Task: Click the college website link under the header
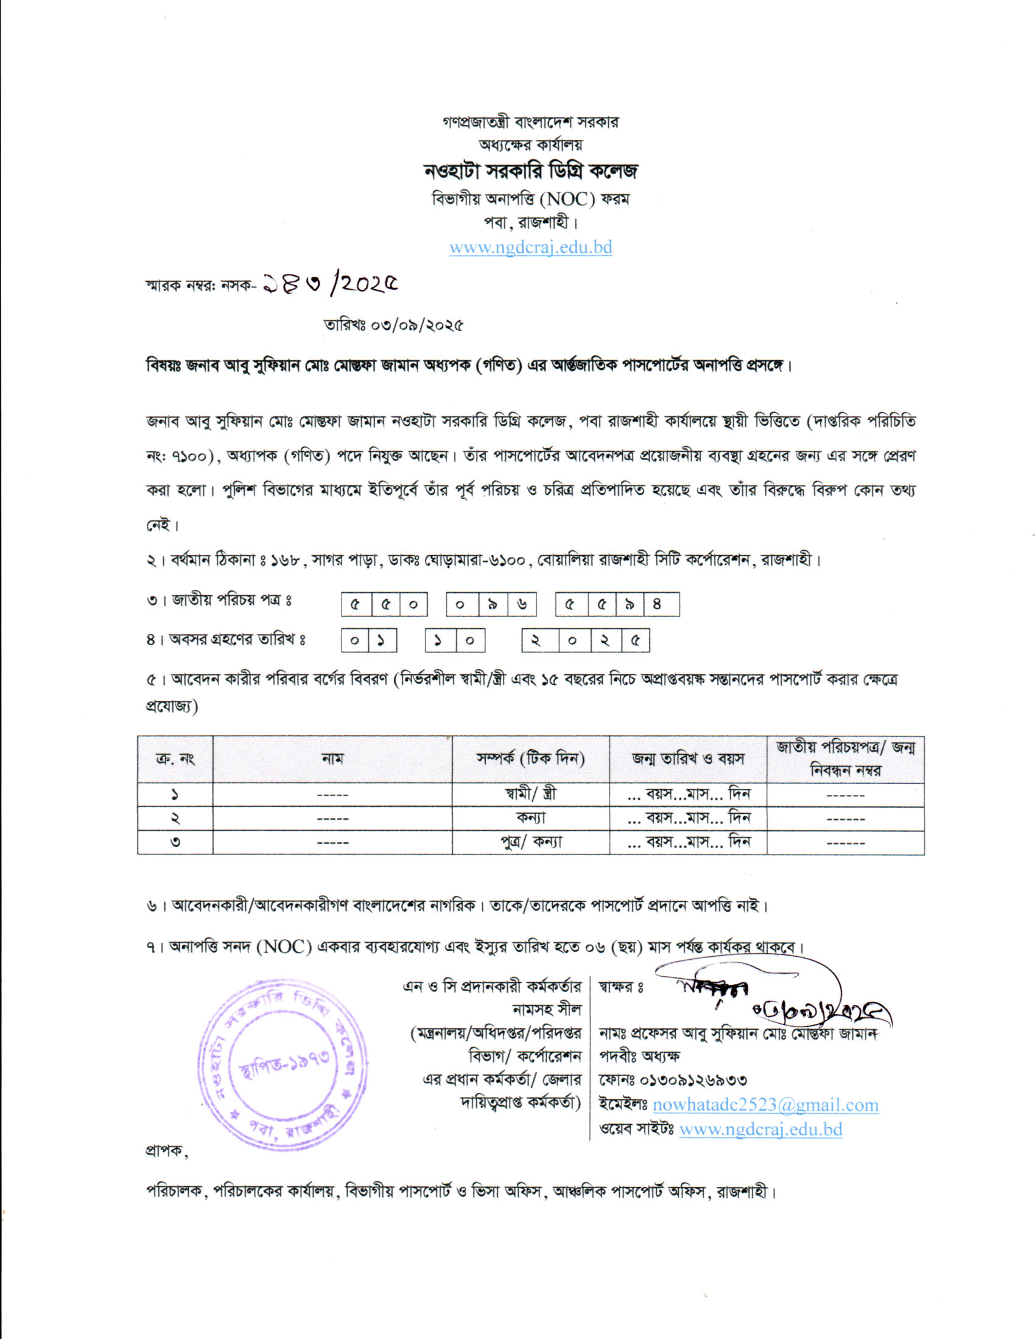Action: coord(530,248)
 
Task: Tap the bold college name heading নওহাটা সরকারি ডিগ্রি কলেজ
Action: coord(531,171)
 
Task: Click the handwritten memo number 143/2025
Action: coord(330,284)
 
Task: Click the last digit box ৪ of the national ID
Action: coord(657,604)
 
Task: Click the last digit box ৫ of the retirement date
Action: coord(636,642)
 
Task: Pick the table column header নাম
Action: coord(332,759)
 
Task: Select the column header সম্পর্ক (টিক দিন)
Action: coord(531,759)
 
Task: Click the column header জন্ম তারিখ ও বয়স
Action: coord(688,759)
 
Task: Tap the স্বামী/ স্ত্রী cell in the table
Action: coord(531,794)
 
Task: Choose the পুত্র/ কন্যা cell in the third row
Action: coord(531,842)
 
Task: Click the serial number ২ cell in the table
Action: coord(175,819)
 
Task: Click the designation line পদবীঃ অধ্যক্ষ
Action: coord(639,1057)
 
